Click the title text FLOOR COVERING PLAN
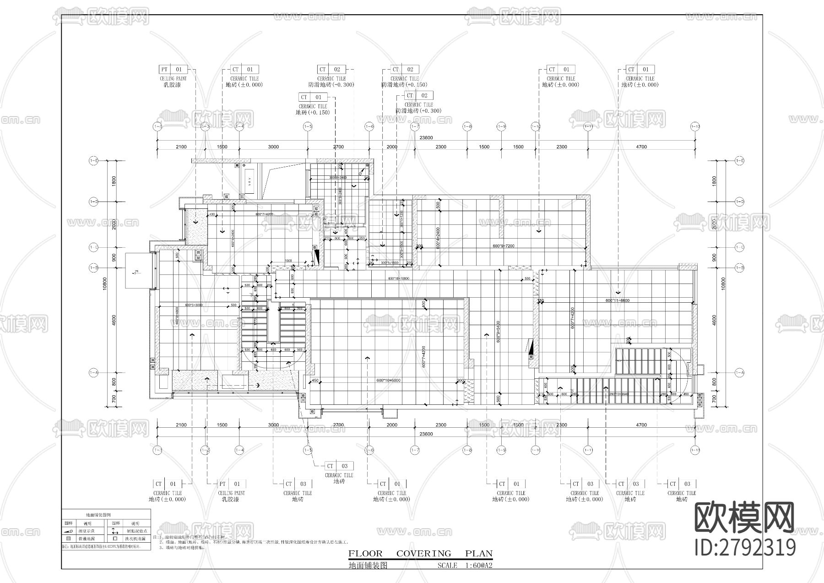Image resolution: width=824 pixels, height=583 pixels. [x=420, y=554]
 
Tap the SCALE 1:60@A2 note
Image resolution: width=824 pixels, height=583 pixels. [x=465, y=566]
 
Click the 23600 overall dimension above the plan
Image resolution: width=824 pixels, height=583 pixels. [x=426, y=138]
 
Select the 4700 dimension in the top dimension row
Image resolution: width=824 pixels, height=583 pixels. [x=641, y=147]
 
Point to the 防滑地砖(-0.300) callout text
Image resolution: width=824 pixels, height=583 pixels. [x=331, y=85]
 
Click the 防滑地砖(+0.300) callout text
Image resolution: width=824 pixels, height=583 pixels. [x=418, y=111]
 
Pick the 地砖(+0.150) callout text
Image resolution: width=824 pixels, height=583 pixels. [x=313, y=112]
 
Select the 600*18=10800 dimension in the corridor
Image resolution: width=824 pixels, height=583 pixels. [x=398, y=278]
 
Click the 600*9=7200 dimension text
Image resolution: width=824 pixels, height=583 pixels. [x=503, y=246]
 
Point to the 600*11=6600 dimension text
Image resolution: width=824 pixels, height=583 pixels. [x=617, y=301]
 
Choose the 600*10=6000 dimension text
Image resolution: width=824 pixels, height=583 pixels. [x=389, y=381]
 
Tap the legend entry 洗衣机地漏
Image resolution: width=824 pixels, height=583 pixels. [x=136, y=539]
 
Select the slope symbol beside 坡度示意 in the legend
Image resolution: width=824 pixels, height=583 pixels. [x=69, y=531]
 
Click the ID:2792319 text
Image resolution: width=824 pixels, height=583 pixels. [x=745, y=547]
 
